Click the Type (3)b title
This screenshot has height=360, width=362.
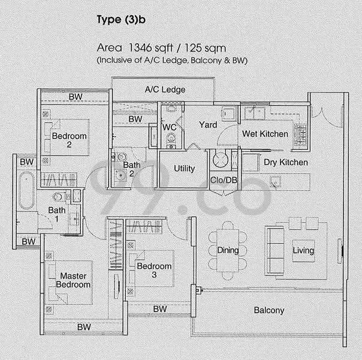(x=121, y=20)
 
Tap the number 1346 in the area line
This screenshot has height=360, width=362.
(x=140, y=48)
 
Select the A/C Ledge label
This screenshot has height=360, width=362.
(x=165, y=89)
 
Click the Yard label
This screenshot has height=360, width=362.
(x=208, y=125)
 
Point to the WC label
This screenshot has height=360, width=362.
(x=169, y=127)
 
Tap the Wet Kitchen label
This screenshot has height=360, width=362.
(x=265, y=134)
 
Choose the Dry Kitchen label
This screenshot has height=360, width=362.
(x=286, y=163)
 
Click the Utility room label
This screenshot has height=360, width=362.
(x=184, y=169)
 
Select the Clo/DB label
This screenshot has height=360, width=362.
(x=224, y=180)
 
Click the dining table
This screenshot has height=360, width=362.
(x=228, y=250)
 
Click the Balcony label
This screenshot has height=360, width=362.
(x=269, y=310)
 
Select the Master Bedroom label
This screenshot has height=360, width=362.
(x=73, y=280)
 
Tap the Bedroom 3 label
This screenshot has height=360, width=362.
(x=154, y=271)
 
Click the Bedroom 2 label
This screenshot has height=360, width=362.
(x=70, y=140)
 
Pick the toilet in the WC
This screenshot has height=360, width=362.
(x=171, y=139)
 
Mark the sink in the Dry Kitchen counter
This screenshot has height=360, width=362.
(x=276, y=181)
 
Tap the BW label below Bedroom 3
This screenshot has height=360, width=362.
(x=160, y=309)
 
